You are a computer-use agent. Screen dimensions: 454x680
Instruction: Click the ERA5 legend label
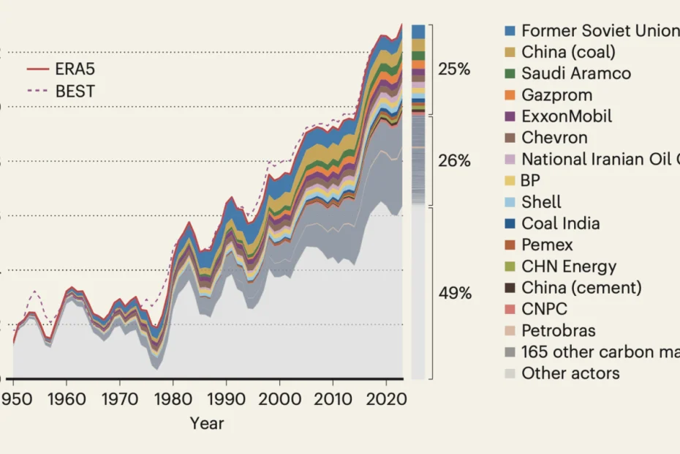point(75,70)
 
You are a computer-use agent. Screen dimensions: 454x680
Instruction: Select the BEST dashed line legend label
point(75,92)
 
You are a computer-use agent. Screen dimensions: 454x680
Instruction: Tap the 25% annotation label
point(454,70)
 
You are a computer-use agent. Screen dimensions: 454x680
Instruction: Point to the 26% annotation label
point(454,160)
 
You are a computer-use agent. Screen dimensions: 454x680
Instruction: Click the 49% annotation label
point(454,294)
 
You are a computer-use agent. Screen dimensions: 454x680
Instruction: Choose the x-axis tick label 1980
point(173,401)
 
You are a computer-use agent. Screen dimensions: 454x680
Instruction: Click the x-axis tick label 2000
point(279,401)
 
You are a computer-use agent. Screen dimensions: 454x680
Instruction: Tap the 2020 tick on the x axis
point(386,401)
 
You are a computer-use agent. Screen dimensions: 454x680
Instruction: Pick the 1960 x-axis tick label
point(67,401)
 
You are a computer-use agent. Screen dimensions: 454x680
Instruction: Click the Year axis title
point(207,423)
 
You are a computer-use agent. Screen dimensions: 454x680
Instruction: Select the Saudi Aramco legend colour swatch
point(510,73)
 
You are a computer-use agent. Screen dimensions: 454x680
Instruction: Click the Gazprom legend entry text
point(557,94)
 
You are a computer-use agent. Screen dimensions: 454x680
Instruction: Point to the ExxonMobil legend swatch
point(510,116)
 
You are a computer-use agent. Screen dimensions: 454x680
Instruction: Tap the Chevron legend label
point(554,138)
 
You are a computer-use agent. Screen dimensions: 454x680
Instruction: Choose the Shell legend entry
point(542,202)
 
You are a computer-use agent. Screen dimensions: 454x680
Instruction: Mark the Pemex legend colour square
point(510,245)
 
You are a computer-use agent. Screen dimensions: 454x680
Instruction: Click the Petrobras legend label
point(559,330)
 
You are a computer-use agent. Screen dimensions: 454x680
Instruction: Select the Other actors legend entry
point(570,373)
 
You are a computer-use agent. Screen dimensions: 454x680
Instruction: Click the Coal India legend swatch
point(510,223)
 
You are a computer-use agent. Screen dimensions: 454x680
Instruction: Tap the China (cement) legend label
point(581,288)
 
